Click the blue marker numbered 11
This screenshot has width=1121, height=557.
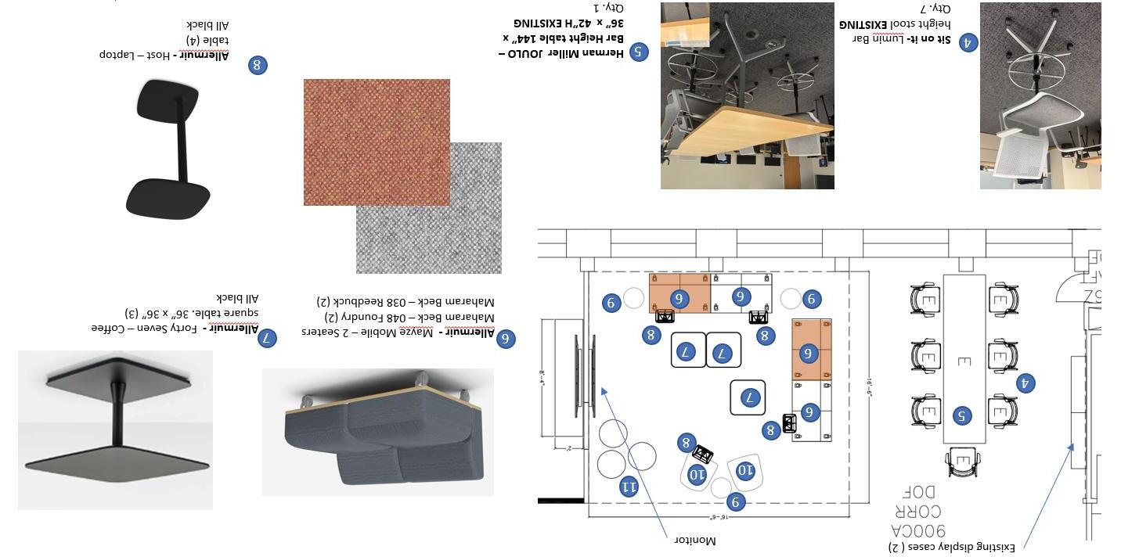[629, 487]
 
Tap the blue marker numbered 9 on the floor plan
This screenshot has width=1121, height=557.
[735, 502]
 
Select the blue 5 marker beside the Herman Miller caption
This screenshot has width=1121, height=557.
[638, 52]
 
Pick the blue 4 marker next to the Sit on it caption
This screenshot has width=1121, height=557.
[968, 42]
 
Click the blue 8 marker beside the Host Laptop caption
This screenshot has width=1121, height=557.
[258, 65]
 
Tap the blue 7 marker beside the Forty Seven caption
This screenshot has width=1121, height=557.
[267, 338]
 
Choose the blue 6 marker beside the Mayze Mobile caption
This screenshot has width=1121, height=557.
[506, 338]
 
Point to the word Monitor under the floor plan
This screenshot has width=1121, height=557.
[694, 541]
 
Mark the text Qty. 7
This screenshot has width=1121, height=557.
[935, 9]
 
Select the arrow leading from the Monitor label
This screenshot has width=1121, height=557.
[636, 462]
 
